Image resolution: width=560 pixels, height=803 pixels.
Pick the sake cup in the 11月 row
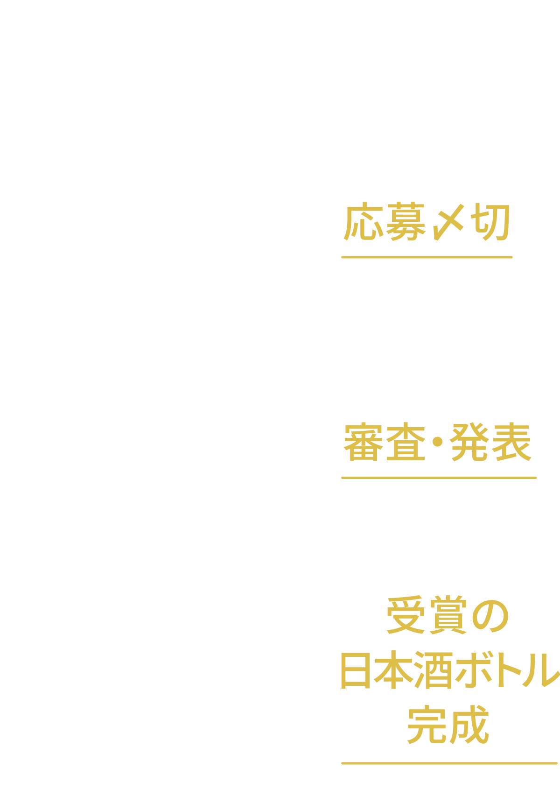click(x=286, y=708)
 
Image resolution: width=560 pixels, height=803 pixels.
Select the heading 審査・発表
click(x=437, y=443)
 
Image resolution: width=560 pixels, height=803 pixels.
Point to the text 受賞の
click(x=448, y=619)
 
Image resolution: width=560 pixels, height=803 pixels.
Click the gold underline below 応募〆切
click(x=427, y=257)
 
